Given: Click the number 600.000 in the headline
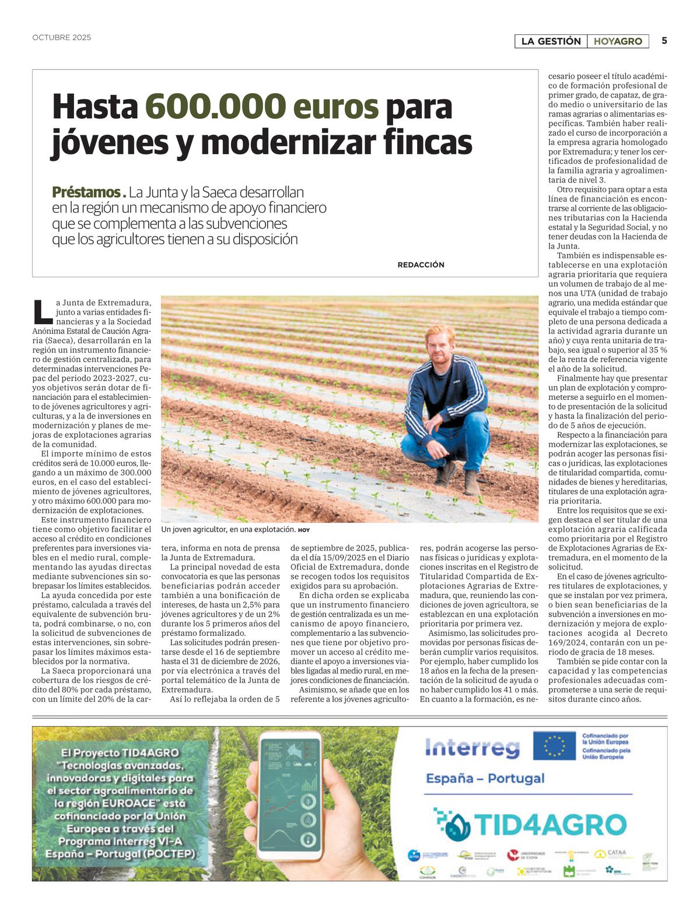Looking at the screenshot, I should [x=215, y=107].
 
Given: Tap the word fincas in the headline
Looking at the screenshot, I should [x=427, y=142].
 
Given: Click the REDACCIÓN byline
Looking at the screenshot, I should [x=421, y=265].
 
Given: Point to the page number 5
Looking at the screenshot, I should [x=664, y=41].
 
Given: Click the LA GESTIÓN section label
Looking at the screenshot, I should [x=551, y=41].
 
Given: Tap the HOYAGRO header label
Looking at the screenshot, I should [x=618, y=41].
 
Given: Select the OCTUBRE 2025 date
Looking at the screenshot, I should [x=62, y=38].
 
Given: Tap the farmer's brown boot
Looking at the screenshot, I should [x=471, y=483].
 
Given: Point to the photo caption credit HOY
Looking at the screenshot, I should [x=304, y=530].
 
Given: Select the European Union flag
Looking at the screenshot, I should [x=554, y=747].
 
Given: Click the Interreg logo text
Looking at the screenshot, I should [x=472, y=747].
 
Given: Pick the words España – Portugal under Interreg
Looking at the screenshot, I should [x=485, y=778].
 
